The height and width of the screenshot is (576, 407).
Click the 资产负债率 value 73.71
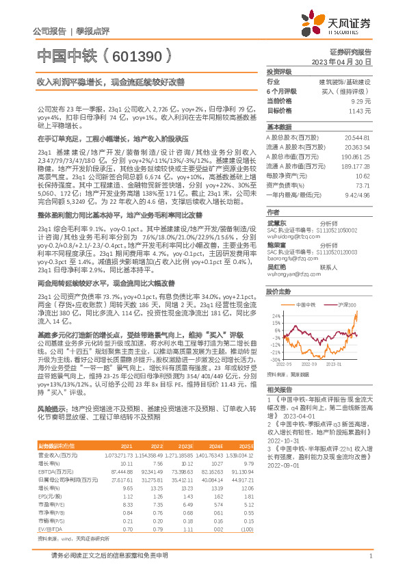tap(362, 185)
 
